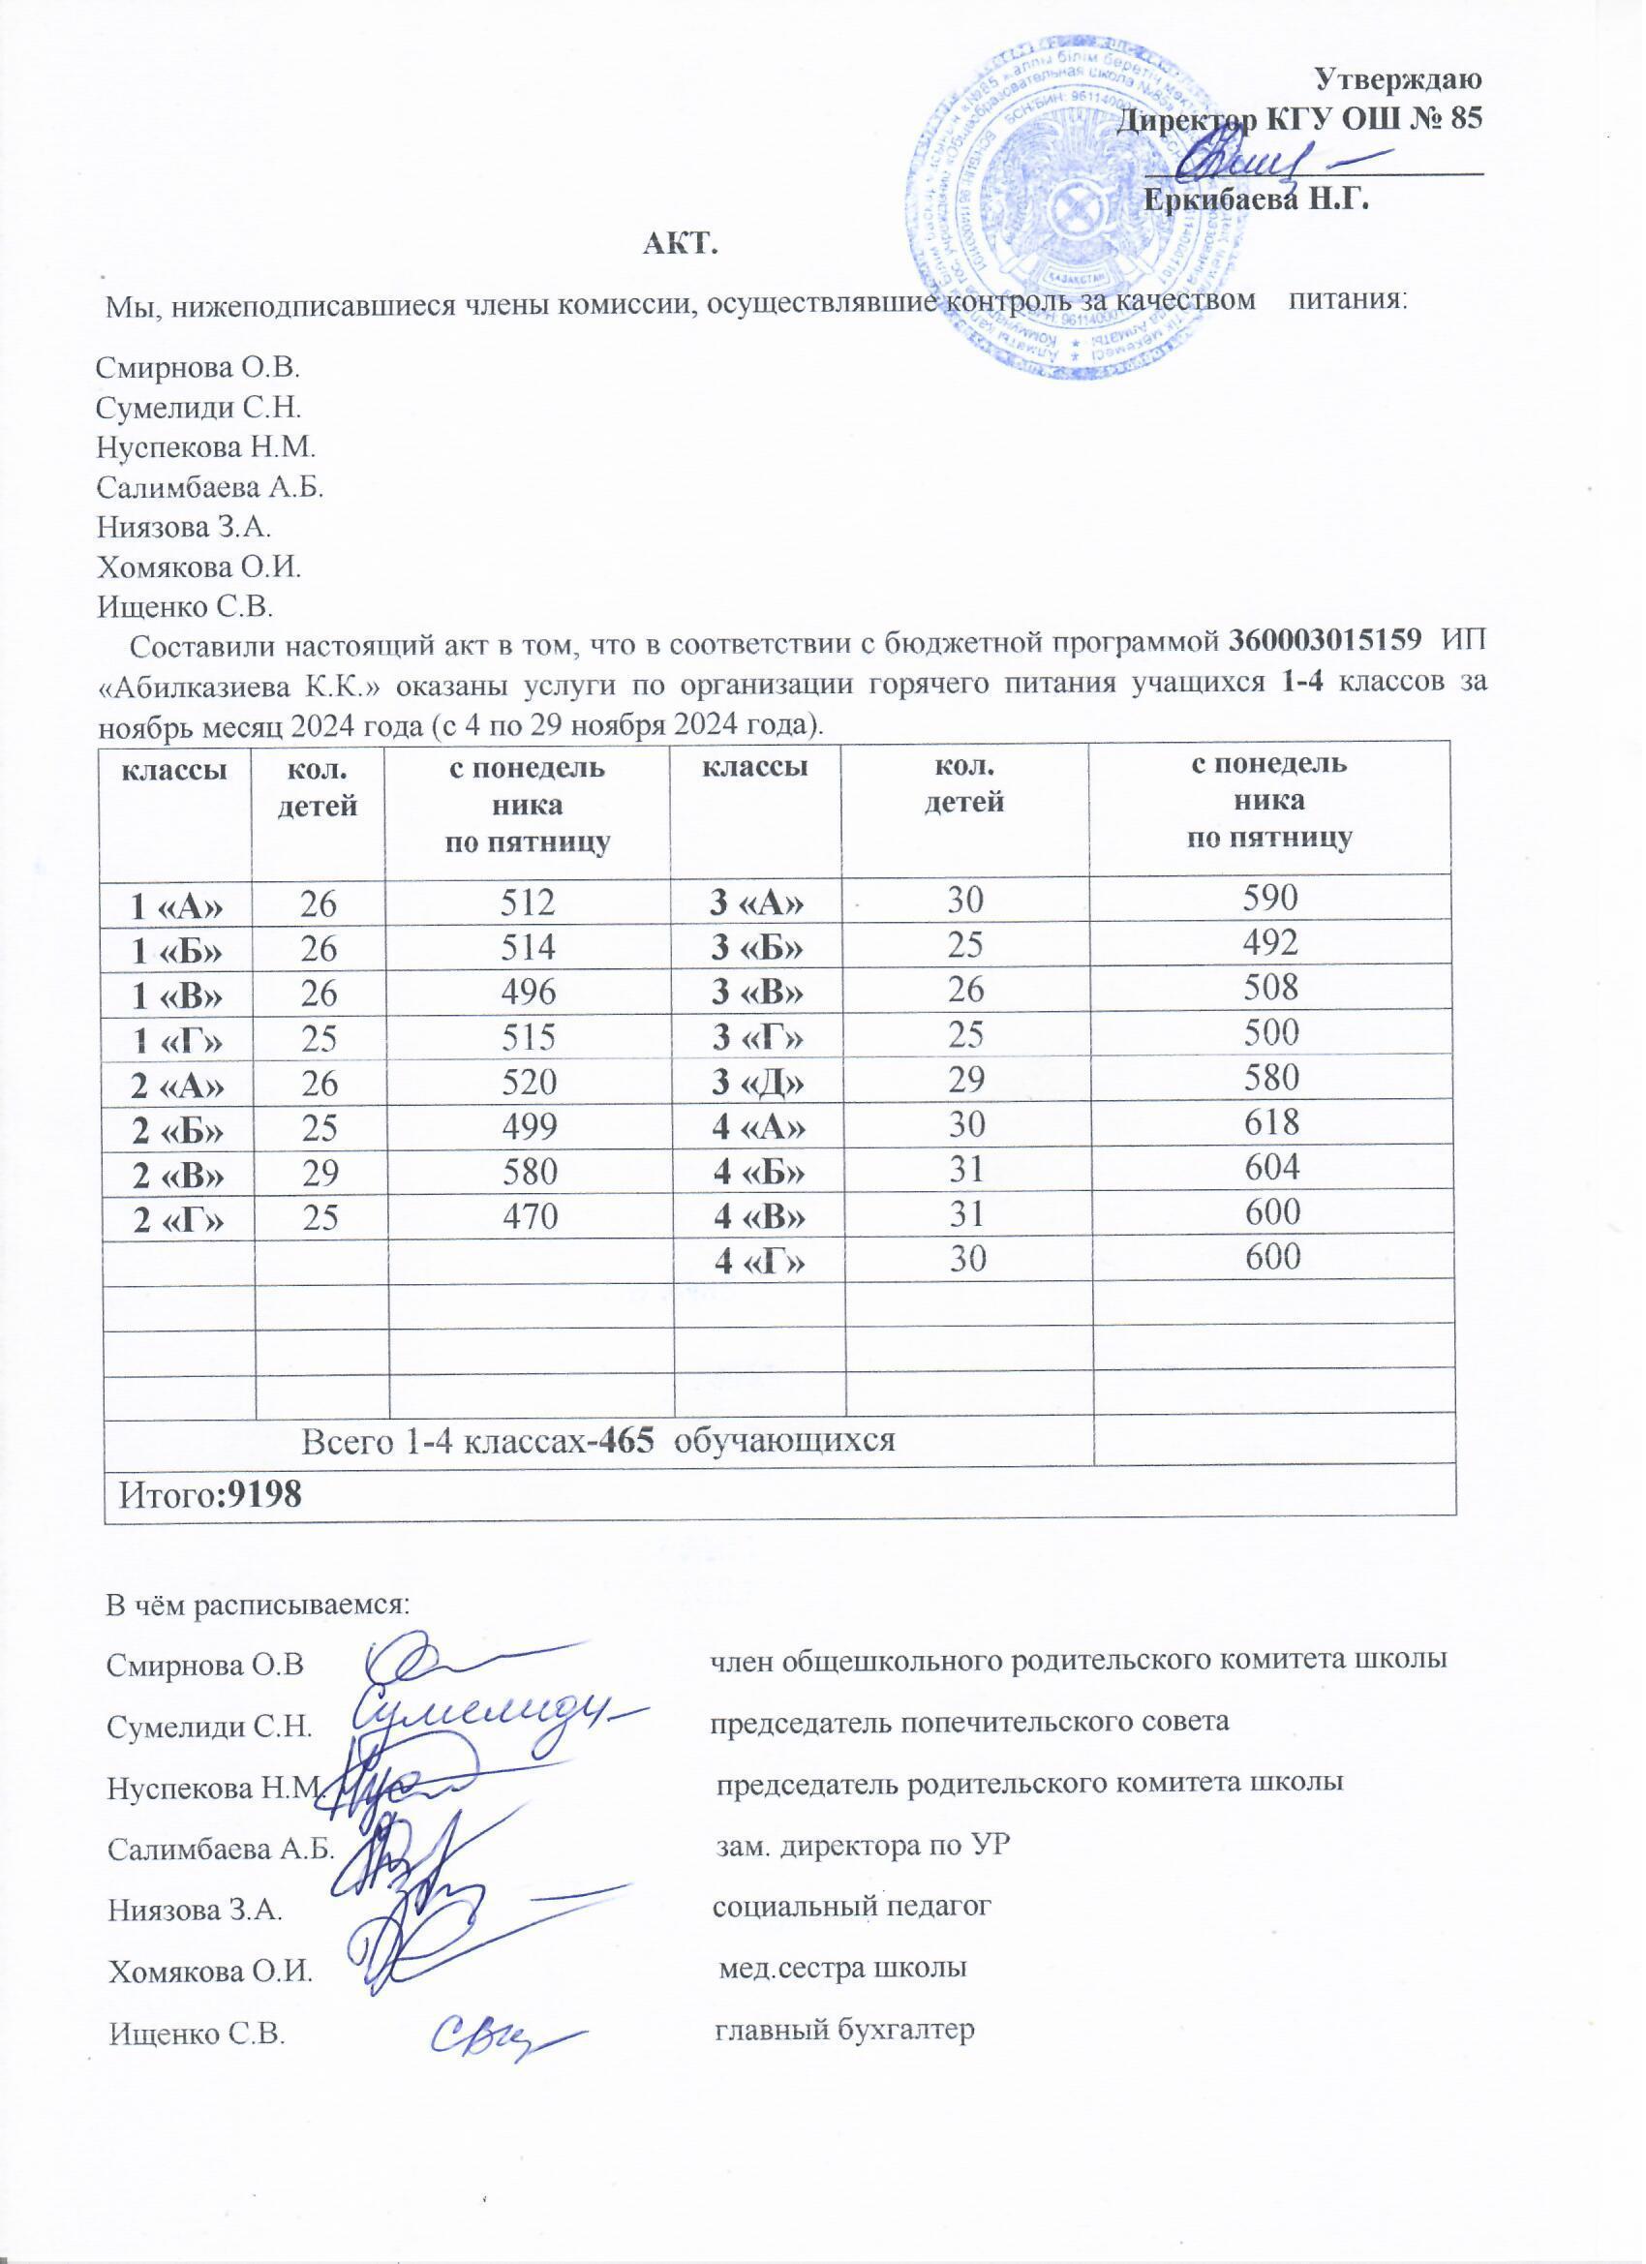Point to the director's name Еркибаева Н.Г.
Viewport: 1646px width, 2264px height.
[1256, 199]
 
